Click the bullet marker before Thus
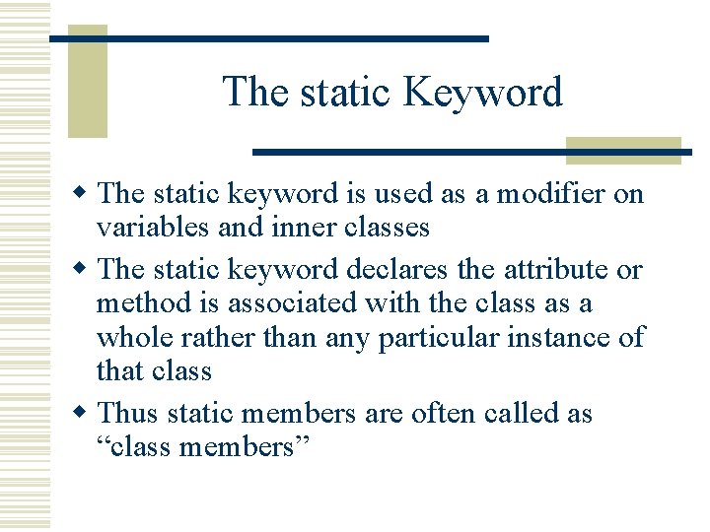(86, 413)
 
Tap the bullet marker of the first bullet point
(86, 194)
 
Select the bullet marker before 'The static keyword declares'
(86, 269)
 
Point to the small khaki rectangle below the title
(623, 150)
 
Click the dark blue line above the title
(269, 38)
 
